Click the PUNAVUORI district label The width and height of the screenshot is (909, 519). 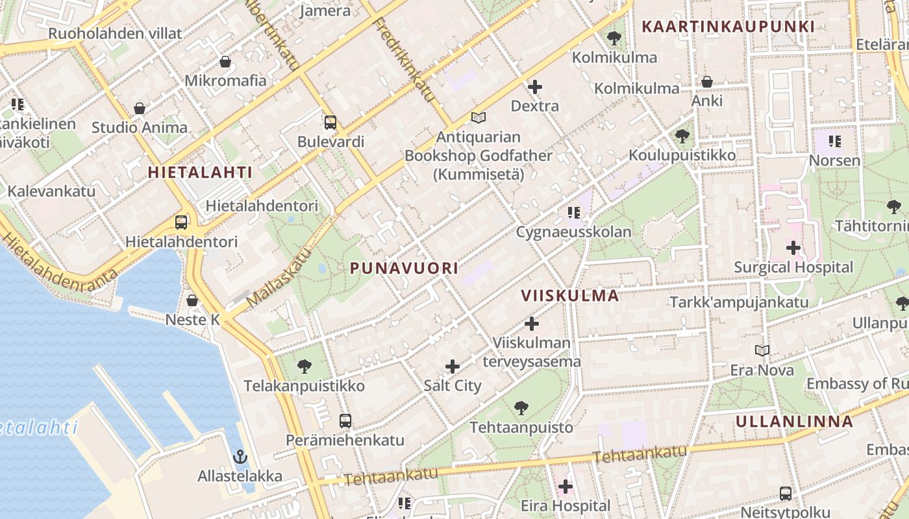(x=404, y=268)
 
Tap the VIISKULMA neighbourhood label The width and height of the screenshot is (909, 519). (x=569, y=296)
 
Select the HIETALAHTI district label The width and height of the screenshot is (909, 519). (x=199, y=172)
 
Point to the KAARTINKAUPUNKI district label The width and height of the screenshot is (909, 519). (x=727, y=27)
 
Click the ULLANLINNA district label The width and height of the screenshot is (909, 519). (x=794, y=421)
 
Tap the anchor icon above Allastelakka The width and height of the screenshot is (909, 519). (x=240, y=457)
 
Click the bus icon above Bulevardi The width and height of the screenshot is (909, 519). (x=330, y=122)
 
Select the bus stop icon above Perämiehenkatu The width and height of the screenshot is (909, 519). (x=345, y=420)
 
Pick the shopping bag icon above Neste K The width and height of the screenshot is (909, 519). (x=192, y=300)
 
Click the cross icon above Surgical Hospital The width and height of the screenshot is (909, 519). (x=793, y=247)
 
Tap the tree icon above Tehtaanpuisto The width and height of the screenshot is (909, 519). (x=521, y=407)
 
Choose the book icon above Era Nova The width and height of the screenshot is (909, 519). (x=762, y=350)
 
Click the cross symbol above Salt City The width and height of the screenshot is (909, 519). (x=453, y=367)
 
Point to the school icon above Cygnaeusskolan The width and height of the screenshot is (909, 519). (x=573, y=212)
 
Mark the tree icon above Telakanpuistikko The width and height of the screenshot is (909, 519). (x=304, y=367)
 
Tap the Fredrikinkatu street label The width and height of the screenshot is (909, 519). (x=404, y=59)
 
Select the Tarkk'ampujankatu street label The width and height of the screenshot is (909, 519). (x=739, y=302)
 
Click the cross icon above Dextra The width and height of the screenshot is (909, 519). (x=535, y=86)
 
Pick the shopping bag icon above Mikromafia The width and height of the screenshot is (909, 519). (x=225, y=62)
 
